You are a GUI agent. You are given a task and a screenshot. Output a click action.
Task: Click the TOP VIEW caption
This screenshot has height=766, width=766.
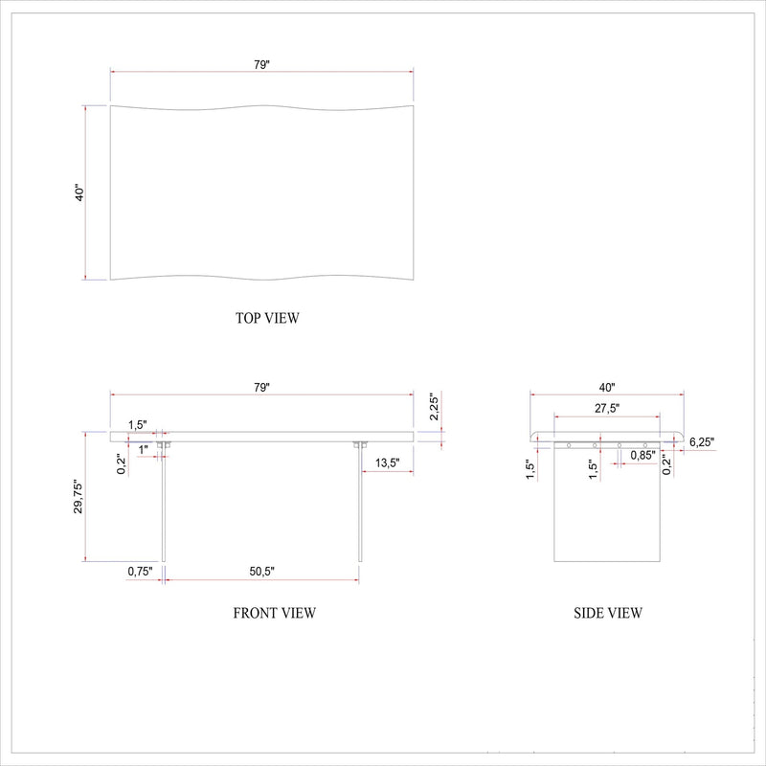pyautogui.click(x=266, y=318)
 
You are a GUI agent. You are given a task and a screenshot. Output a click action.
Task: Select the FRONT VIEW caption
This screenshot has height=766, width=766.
pyautogui.click(x=274, y=613)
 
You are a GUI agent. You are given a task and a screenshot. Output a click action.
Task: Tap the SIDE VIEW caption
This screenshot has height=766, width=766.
pyautogui.click(x=607, y=613)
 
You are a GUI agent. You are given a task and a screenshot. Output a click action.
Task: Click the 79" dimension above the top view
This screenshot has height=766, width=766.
pyautogui.click(x=261, y=64)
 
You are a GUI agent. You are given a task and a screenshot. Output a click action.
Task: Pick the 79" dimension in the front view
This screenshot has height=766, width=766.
pyautogui.click(x=261, y=387)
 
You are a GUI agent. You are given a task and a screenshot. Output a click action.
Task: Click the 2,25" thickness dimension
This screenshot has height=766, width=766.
pyautogui.click(x=433, y=408)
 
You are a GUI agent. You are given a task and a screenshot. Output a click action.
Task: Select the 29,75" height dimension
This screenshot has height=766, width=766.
pyautogui.click(x=79, y=498)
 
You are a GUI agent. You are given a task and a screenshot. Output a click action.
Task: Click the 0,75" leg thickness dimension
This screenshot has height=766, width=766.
pyautogui.click(x=140, y=572)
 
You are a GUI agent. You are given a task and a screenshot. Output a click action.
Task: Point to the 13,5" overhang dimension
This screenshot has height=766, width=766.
pyautogui.click(x=388, y=462)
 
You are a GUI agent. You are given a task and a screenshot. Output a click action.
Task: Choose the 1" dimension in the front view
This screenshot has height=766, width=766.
pyautogui.click(x=143, y=449)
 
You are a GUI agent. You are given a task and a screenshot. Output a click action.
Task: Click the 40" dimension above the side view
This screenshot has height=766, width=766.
pyautogui.click(x=607, y=387)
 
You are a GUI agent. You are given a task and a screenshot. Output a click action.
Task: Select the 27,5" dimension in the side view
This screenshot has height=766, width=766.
pyautogui.click(x=606, y=408)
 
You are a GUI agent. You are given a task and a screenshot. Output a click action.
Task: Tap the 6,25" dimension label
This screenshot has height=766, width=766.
pyautogui.click(x=701, y=442)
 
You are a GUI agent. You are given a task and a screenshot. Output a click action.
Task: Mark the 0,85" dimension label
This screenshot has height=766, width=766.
pyautogui.click(x=642, y=456)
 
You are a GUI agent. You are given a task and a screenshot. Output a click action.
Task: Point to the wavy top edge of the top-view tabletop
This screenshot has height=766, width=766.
pyautogui.click(x=261, y=105)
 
